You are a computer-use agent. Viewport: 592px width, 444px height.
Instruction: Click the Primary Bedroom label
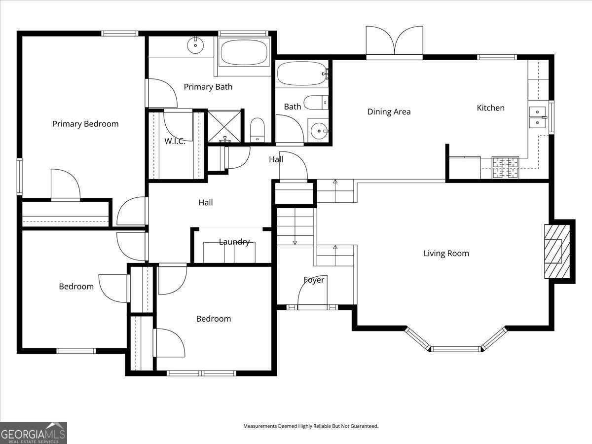point(85,124)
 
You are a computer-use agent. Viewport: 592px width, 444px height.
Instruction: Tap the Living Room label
point(446,254)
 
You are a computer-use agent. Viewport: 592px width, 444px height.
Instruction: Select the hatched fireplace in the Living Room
point(556,252)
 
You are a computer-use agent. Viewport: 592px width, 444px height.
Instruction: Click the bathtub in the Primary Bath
point(243,52)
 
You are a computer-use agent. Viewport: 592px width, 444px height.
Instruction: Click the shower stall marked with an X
point(224,126)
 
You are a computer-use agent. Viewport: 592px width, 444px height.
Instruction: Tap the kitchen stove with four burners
point(506,167)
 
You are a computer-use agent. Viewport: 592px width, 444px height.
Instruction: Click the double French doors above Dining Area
point(394,43)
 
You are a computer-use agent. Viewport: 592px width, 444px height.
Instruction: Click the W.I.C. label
point(175,141)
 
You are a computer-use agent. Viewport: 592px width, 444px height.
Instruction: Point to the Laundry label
point(234,242)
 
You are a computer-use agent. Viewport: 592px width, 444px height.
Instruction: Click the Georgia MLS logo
point(33,433)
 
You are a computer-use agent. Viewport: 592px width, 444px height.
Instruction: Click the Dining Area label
point(389,111)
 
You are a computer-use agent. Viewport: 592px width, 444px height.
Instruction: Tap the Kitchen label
point(490,108)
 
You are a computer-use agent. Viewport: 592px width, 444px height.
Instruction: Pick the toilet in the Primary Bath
point(258,131)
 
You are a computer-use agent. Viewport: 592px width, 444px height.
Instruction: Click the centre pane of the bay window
point(455,349)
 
